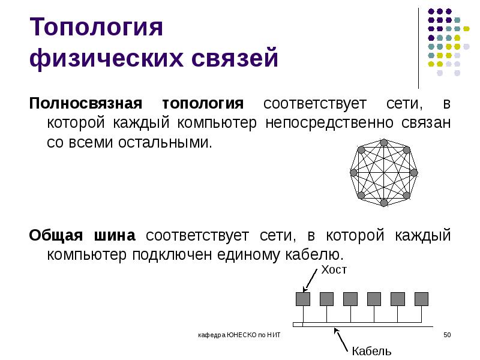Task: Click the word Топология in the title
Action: (96, 28)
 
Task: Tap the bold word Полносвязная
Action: (86, 103)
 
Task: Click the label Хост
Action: (334, 271)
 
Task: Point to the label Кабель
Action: (371, 351)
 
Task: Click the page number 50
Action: (446, 334)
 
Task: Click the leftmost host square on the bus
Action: (303, 298)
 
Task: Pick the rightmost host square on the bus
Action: (421, 298)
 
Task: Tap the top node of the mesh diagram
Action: (383, 142)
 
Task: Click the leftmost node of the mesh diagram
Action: (353, 172)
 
